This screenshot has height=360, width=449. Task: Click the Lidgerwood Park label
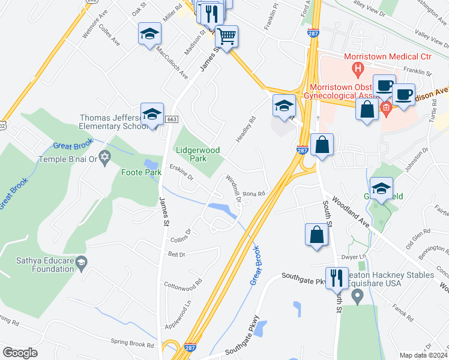point(197,154)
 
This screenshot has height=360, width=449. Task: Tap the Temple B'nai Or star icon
point(105,157)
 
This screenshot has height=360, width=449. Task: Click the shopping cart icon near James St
point(226,36)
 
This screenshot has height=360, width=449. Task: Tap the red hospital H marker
point(358,70)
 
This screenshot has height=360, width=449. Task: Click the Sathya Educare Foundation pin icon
point(83,262)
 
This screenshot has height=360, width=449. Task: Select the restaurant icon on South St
point(337,277)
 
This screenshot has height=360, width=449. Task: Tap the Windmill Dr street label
point(233,188)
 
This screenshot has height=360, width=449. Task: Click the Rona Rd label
point(254,194)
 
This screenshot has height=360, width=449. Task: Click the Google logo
point(20,353)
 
